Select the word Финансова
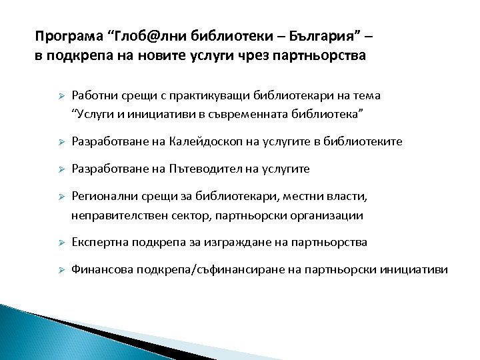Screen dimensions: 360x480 click(101, 269)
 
